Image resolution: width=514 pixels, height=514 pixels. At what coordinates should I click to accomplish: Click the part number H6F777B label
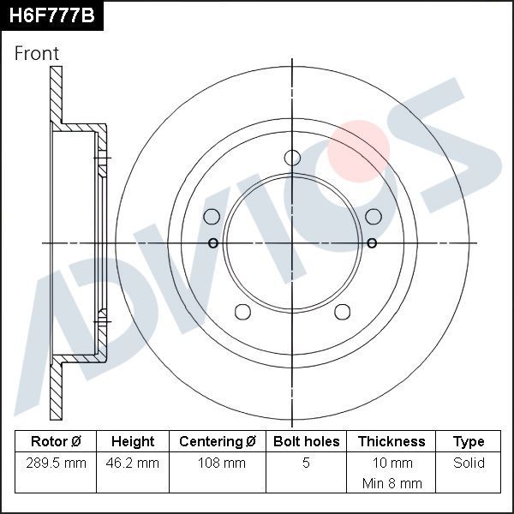[51, 15]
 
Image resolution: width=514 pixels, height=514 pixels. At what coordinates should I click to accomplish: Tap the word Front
[38, 53]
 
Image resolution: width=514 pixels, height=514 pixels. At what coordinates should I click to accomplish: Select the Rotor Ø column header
[56, 442]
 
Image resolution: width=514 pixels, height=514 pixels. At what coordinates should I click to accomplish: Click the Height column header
[133, 442]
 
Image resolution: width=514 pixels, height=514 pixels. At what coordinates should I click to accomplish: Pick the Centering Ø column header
[218, 442]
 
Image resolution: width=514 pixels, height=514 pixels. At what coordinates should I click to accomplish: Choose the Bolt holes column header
[306, 442]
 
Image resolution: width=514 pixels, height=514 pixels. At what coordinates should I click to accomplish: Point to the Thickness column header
[391, 442]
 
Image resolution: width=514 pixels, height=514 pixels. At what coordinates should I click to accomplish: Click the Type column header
[469, 442]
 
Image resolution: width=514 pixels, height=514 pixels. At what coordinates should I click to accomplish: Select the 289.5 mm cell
[56, 463]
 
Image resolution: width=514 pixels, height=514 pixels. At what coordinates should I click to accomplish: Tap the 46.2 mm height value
[133, 463]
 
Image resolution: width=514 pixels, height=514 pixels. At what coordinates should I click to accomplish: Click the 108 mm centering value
[218, 463]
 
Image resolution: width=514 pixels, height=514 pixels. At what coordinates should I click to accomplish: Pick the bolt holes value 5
[306, 463]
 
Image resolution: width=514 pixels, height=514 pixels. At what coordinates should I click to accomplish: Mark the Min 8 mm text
[391, 483]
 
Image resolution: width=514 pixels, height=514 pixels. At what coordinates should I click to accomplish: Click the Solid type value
[469, 463]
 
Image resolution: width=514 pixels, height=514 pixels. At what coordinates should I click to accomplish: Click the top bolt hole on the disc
[292, 158]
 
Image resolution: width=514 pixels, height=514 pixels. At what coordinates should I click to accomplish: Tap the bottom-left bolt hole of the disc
[242, 311]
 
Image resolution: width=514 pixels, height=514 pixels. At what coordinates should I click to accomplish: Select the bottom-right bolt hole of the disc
[342, 311]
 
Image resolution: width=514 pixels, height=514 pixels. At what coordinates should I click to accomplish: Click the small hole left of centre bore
[213, 243]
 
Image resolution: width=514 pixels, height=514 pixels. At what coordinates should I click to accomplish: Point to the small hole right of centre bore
[372, 243]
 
